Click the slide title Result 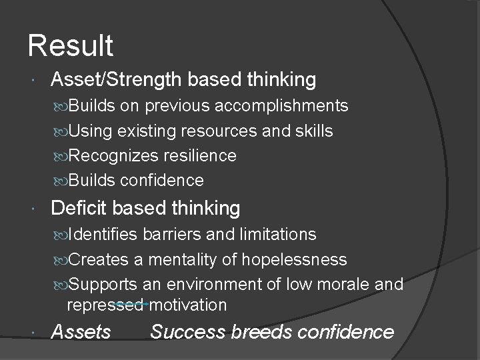[x=71, y=47]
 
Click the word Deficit [x=79, y=208]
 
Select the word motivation [x=189, y=305]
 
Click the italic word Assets [x=81, y=331]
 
